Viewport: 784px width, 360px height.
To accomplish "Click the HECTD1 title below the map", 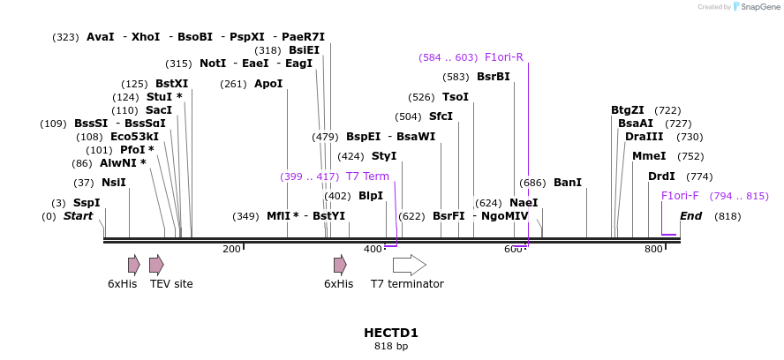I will [x=391, y=333].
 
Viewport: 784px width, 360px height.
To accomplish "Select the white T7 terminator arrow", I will [x=409, y=265].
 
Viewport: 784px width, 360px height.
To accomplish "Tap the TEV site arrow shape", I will [x=156, y=265].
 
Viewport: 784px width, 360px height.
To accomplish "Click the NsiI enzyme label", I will [x=113, y=183].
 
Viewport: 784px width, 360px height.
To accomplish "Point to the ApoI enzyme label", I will [x=268, y=84].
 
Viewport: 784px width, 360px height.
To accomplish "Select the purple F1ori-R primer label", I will [x=503, y=57].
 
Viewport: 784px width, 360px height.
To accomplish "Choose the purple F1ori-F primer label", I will [x=680, y=196].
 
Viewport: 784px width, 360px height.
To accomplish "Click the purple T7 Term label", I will [x=367, y=176].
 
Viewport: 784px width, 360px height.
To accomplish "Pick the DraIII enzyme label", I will [x=644, y=137].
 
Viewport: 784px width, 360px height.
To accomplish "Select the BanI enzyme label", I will [x=567, y=183].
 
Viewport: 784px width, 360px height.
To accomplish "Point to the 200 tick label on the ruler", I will [x=231, y=250].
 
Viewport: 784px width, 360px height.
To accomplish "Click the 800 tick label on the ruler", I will [x=653, y=250].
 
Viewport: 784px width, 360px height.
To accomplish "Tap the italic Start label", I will [x=78, y=216].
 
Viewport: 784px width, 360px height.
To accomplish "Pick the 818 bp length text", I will [x=391, y=346].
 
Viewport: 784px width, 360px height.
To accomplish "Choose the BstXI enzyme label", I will [x=171, y=84].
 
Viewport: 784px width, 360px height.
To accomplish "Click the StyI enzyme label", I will [x=384, y=156].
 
